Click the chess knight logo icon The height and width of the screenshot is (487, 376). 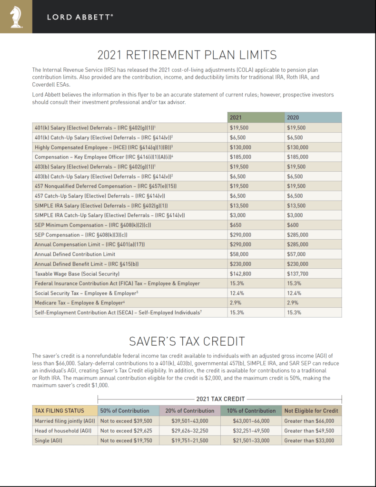15,17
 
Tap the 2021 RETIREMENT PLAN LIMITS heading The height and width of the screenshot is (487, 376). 187,54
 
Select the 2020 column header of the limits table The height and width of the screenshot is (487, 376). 293,117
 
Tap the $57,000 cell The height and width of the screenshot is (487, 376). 296,254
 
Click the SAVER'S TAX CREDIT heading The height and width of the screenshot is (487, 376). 187,341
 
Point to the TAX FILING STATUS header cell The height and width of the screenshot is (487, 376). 59,410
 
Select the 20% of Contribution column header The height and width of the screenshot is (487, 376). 190,410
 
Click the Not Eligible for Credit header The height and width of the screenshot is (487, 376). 311,410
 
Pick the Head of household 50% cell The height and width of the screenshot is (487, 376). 126,431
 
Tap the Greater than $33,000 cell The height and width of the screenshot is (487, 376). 308,441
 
